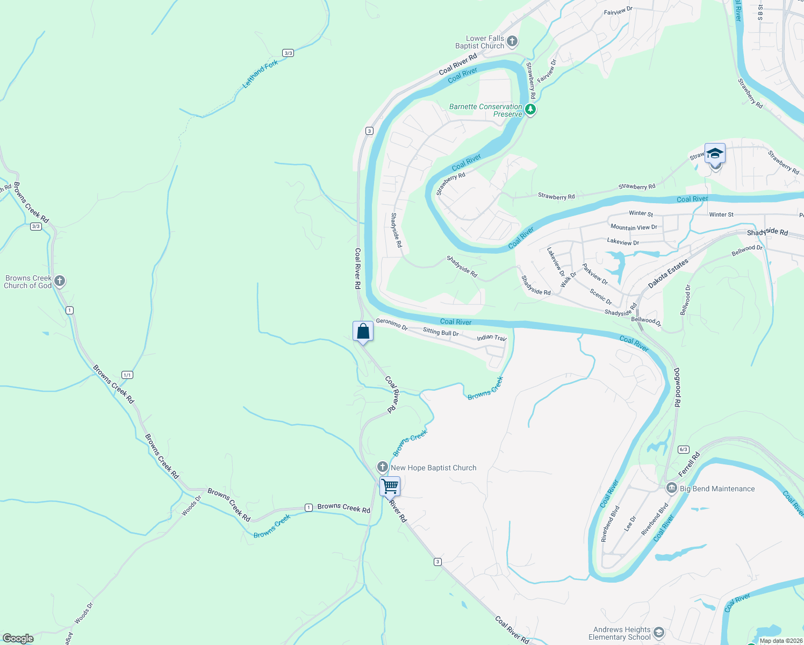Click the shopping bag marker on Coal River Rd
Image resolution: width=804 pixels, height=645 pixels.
(x=363, y=331)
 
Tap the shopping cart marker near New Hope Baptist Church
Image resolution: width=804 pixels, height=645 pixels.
(x=390, y=486)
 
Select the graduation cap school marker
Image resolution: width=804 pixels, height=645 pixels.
(x=715, y=154)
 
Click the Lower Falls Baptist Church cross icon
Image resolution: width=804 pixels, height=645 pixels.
(x=512, y=41)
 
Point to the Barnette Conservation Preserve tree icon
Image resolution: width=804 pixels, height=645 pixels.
(x=530, y=110)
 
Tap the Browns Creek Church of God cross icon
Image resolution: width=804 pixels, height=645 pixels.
(x=60, y=281)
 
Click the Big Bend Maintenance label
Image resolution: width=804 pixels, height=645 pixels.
(x=717, y=489)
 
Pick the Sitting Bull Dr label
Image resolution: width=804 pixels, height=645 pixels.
(x=441, y=332)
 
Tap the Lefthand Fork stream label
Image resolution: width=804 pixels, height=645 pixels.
(x=261, y=74)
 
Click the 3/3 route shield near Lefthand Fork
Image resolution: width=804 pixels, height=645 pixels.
(x=288, y=53)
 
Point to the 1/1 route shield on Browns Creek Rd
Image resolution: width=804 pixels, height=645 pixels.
(x=127, y=375)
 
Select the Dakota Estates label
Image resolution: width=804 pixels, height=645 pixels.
(x=668, y=274)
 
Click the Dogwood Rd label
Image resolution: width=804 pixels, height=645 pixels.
(x=677, y=387)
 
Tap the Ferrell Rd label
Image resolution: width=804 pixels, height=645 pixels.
(x=690, y=464)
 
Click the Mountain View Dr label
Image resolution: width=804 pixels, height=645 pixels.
(x=634, y=227)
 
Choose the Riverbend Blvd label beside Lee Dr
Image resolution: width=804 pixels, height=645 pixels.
(x=655, y=519)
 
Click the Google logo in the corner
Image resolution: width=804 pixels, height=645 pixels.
(x=18, y=638)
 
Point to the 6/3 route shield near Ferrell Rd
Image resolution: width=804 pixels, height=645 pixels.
(x=684, y=449)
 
